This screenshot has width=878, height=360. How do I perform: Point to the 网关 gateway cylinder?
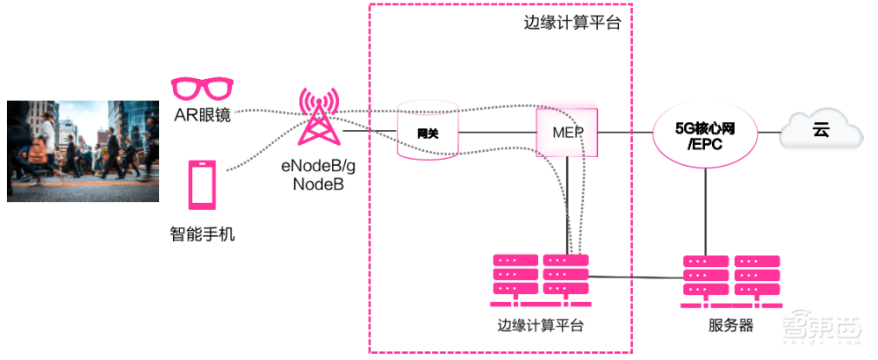pos(428,133)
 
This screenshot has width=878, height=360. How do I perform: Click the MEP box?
pos(567,133)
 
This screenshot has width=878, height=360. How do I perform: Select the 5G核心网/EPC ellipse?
pos(704,133)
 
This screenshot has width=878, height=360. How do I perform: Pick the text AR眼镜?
pos(202,114)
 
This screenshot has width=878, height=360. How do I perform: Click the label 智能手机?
pos(202,234)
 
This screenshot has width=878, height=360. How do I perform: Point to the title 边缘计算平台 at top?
pos(572,24)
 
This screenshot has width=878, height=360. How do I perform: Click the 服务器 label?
pos(730,326)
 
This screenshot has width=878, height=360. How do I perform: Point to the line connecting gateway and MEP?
pos(497,133)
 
